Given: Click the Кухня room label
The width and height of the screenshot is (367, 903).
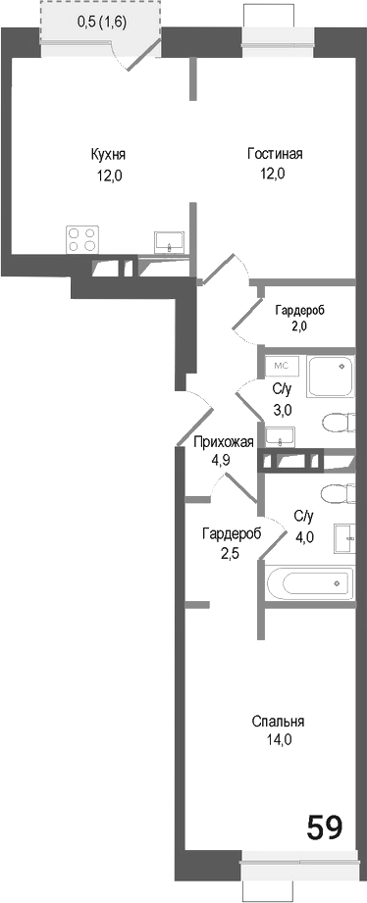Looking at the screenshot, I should [x=108, y=154].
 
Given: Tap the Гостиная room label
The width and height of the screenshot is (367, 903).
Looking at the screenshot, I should [x=273, y=154].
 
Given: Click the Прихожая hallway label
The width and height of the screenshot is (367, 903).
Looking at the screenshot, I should [x=223, y=441].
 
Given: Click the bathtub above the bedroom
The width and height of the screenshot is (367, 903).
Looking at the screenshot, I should [x=310, y=585].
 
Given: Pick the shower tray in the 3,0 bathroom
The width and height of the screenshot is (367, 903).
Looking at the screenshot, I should [x=331, y=377].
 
